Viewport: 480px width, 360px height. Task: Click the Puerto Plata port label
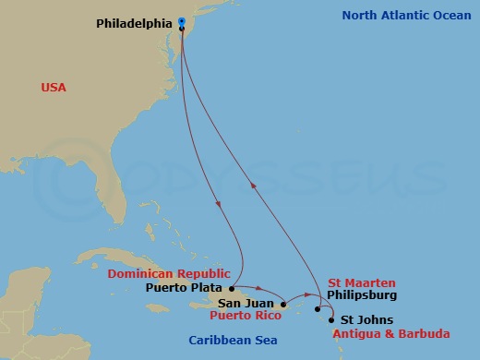pyautogui.click(x=185, y=287)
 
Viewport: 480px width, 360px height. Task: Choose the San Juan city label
pyautogui.click(x=245, y=303)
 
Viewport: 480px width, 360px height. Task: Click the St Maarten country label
pyautogui.click(x=361, y=282)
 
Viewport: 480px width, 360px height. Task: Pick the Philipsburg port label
pyautogui.click(x=361, y=295)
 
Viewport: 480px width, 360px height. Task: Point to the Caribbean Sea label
pyautogui.click(x=233, y=341)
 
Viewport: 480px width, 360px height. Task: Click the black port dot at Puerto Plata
pyautogui.click(x=231, y=287)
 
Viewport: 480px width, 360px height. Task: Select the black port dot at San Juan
pyautogui.click(x=283, y=303)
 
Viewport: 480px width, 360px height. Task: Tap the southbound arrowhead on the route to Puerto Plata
pyautogui.click(x=218, y=205)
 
